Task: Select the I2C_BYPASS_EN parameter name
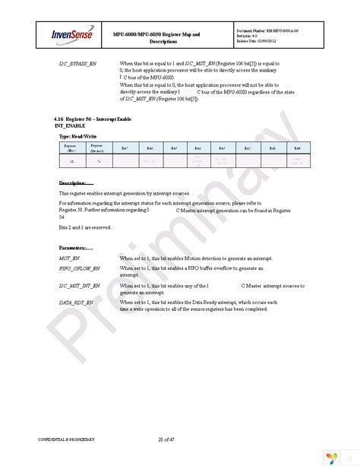(x=79, y=63)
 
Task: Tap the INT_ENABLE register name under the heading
(x=74, y=127)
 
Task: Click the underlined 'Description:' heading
(x=75, y=183)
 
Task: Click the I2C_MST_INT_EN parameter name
(x=80, y=284)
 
